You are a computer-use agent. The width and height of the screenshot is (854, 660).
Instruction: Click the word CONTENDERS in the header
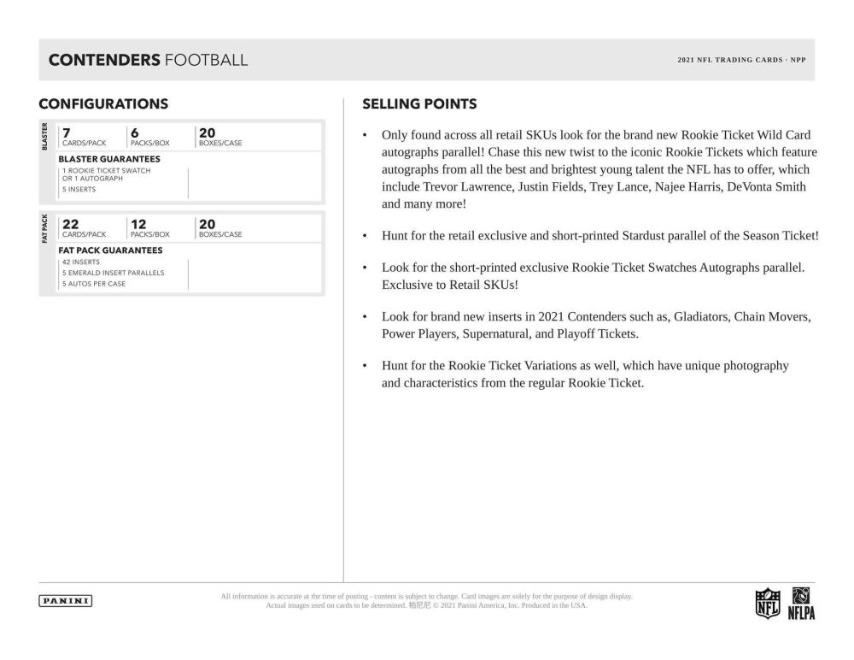click(x=104, y=60)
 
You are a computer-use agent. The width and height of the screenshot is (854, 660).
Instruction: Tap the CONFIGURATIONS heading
click(x=103, y=104)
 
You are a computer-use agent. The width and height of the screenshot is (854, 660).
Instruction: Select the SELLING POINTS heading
click(x=419, y=104)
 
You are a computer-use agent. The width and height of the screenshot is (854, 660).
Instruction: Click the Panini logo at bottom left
click(x=66, y=600)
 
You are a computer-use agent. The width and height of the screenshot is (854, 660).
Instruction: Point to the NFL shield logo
click(x=768, y=601)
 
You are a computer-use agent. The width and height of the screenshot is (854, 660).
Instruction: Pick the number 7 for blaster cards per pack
click(x=66, y=133)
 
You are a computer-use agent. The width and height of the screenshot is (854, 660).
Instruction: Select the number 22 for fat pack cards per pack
click(x=70, y=224)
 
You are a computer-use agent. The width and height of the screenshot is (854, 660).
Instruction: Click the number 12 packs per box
click(x=139, y=224)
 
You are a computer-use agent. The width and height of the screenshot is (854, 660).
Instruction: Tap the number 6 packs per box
click(x=134, y=133)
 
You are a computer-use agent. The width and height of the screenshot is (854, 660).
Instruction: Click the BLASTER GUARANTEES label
click(x=108, y=159)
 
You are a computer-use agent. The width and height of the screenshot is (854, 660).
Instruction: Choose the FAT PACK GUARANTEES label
click(x=110, y=250)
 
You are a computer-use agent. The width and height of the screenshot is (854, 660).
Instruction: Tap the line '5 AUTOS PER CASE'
click(x=93, y=284)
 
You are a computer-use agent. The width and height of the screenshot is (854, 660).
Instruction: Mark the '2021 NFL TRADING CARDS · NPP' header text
click(x=741, y=60)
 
